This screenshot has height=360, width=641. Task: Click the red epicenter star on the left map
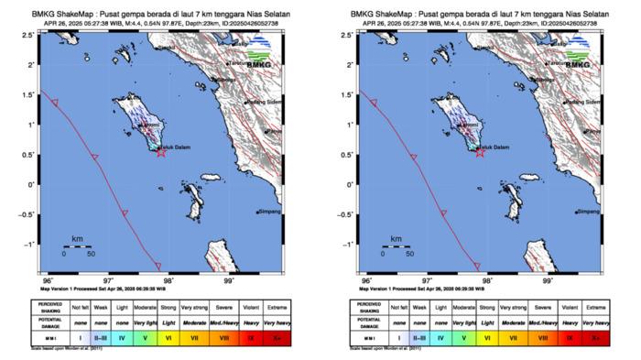(161, 152)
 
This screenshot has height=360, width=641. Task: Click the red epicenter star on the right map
(480, 152)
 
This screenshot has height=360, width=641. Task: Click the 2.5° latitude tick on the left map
(32, 34)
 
